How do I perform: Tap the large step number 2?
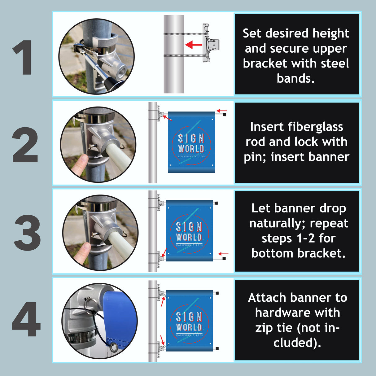25,145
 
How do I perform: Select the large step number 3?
27,233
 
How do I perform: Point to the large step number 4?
26,319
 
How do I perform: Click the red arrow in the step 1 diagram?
194,45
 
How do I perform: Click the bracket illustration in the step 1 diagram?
211,43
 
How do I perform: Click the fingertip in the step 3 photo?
82,252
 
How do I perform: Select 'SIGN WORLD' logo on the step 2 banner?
191,143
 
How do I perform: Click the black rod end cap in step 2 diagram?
225,115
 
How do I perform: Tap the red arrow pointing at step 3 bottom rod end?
223,254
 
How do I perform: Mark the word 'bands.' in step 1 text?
296,79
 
